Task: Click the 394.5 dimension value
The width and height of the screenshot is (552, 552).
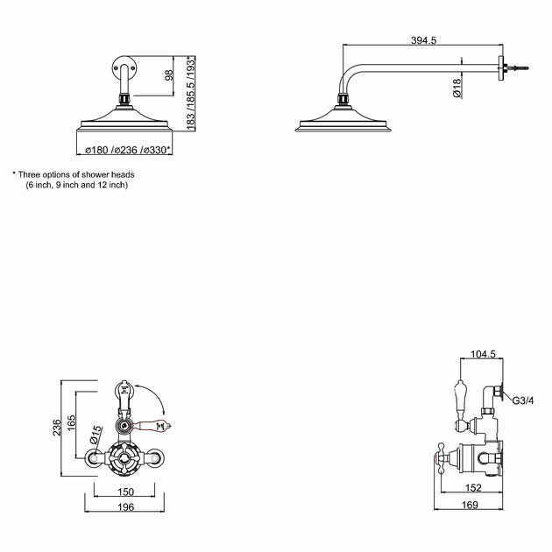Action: pos(424,39)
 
